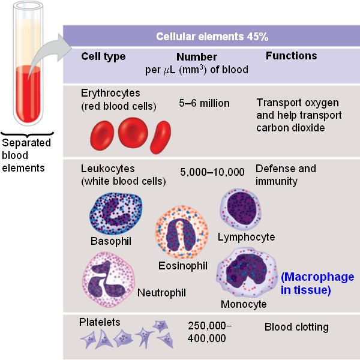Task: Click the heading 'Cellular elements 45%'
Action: pos(212,37)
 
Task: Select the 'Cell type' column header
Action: pos(103,56)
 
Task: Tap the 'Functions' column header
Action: pos(291,56)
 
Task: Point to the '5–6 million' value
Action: pos(204,103)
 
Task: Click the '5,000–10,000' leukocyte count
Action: pos(212,172)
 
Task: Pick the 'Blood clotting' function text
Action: pos(296,327)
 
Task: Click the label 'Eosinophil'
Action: pos(183,265)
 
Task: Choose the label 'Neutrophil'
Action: pos(161,293)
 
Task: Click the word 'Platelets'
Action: pos(100,322)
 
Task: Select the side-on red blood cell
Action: pos(160,134)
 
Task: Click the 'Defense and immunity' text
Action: pos(285,175)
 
